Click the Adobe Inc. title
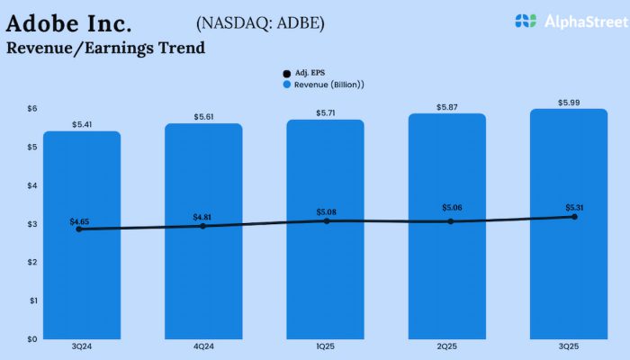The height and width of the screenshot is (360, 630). coord(69,22)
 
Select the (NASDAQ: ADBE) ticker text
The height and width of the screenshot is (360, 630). coord(260,22)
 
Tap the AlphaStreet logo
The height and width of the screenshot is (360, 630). coord(565,21)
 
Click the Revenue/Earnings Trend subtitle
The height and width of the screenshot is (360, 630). coord(104,48)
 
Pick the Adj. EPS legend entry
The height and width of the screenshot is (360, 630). coord(305,72)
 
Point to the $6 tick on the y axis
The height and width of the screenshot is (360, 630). coord(31,108)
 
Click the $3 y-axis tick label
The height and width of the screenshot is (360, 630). coord(31,223)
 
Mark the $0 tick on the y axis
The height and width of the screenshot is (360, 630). coord(31,338)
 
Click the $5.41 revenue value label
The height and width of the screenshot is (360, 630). coord(82,123)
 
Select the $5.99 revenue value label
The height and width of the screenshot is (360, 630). coord(569,102)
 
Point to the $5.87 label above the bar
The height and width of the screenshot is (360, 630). coord(447,106)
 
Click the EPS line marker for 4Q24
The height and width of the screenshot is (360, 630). coord(203,226)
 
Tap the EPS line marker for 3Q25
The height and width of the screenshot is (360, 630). coord(573,217)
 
